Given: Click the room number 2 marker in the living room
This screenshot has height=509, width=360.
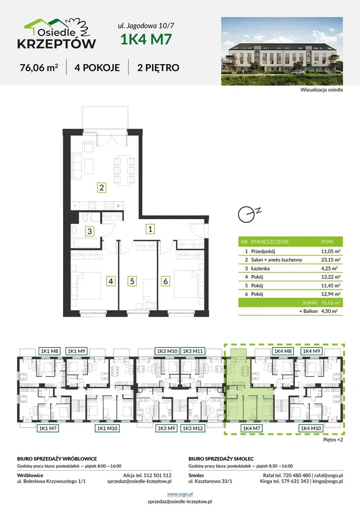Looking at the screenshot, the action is [x=102, y=187].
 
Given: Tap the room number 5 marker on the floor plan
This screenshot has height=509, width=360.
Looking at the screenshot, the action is [x=132, y=281].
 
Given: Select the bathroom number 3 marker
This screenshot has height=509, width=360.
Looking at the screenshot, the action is [x=90, y=231].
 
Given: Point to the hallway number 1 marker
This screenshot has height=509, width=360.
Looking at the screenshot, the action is [x=150, y=229].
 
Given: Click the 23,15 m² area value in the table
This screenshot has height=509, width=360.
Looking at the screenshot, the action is [x=330, y=260].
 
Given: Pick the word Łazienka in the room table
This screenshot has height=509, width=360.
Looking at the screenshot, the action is [x=261, y=269].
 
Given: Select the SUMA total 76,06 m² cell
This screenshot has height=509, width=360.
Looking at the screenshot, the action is [x=330, y=303].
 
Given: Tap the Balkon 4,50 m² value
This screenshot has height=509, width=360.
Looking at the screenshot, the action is [x=329, y=311].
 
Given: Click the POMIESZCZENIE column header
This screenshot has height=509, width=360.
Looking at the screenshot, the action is [x=270, y=241].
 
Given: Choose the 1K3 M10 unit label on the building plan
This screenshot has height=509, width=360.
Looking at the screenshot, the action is [x=167, y=351].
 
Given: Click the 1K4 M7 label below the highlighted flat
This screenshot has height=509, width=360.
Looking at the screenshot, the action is [x=252, y=428].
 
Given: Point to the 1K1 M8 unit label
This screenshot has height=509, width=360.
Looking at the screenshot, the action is [x=49, y=351].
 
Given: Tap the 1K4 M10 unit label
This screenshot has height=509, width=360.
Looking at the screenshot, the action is [x=311, y=428].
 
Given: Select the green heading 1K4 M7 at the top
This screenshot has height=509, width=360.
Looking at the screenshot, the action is [x=146, y=39].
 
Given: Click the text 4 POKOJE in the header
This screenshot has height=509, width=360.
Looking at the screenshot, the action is [x=97, y=67].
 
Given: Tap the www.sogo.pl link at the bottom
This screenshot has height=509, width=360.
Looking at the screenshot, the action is [x=180, y=494].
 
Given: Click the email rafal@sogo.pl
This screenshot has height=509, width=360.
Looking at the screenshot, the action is [x=328, y=475].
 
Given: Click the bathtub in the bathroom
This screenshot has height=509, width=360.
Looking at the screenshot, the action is [x=85, y=243].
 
